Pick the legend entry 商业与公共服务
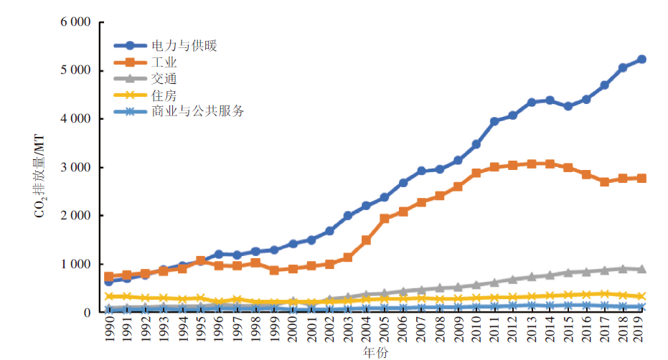(x=198, y=111)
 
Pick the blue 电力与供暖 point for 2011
(x=494, y=121)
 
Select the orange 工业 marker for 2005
(x=385, y=218)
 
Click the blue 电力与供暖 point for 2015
(x=568, y=106)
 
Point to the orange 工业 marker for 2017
(x=605, y=181)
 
